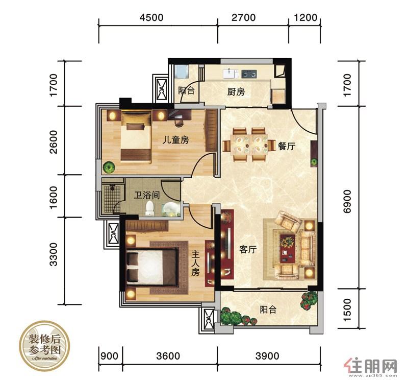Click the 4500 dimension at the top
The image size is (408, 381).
[151, 17]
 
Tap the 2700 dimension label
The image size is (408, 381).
[244, 17]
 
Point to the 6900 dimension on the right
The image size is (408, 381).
[347, 201]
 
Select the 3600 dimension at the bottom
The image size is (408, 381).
[168, 356]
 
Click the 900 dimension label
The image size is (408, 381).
[109, 356]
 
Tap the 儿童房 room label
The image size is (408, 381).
[175, 140]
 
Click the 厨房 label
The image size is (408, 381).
[236, 92]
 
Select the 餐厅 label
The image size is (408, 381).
[287, 146]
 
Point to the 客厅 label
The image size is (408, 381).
[248, 249]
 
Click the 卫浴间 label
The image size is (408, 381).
[147, 195]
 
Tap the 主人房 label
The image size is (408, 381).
[195, 263]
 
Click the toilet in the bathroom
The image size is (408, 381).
[149, 208]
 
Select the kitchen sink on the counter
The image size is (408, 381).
[231, 74]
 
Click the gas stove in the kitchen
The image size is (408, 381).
[249, 74]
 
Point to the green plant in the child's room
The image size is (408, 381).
[109, 168]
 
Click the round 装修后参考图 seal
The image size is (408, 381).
[45, 346]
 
